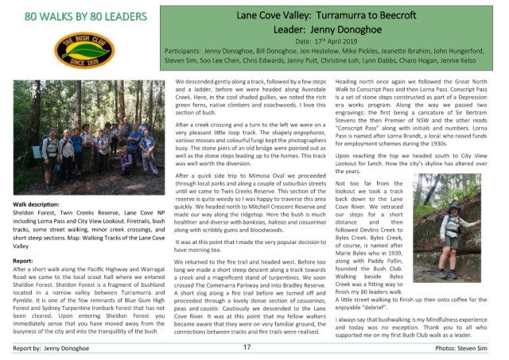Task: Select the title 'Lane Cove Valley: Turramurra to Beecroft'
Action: pyautogui.click(x=338, y=16)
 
